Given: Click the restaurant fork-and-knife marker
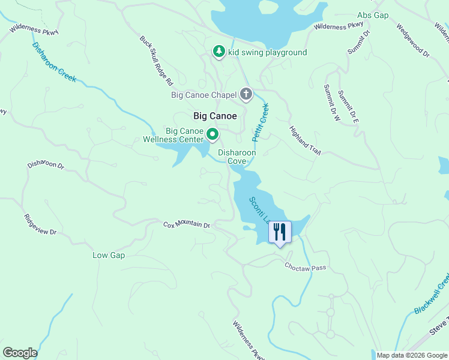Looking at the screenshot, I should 279,232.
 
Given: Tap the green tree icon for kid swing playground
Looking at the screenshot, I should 219,52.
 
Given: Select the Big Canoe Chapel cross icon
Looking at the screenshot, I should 246,94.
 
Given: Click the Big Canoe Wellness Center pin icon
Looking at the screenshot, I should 212,134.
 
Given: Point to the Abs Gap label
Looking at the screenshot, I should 373,14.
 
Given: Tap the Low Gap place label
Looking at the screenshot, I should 108,255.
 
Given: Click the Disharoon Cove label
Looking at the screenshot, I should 237,157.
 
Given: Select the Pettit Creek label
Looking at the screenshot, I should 260,122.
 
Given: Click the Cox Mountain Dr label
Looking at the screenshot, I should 187,225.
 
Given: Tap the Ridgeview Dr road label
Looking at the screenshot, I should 40,224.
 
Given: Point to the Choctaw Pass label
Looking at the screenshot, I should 305,267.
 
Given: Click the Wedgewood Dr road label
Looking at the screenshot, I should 413,41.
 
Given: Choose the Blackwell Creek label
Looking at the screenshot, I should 432,294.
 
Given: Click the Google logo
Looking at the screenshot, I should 20,353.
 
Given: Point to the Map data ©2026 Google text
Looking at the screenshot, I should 412,355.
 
